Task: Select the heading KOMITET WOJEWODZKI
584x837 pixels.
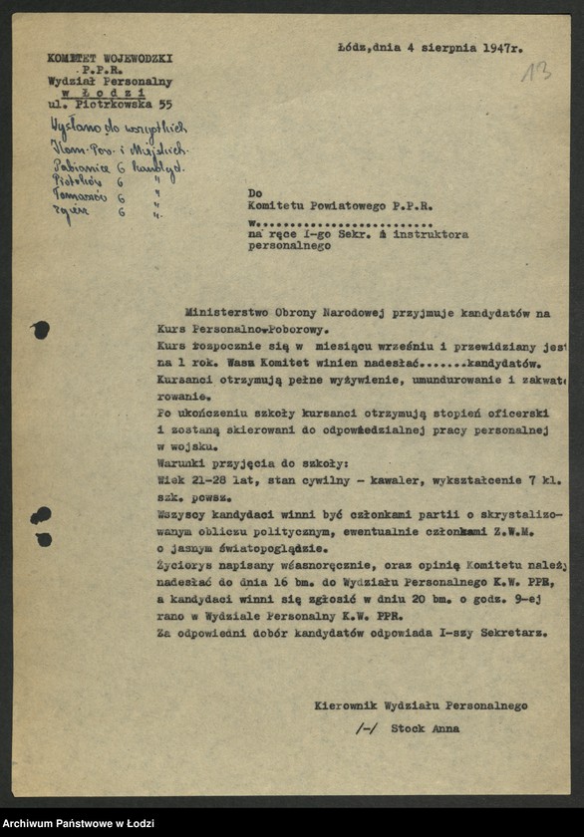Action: click(x=110, y=59)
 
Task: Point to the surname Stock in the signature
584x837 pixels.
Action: click(x=407, y=728)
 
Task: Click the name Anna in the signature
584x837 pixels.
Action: click(x=444, y=728)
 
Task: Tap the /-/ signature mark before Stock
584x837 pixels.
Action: click(x=366, y=728)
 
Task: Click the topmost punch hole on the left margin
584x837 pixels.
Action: click(x=40, y=330)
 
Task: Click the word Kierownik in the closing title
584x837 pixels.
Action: click(x=341, y=705)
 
